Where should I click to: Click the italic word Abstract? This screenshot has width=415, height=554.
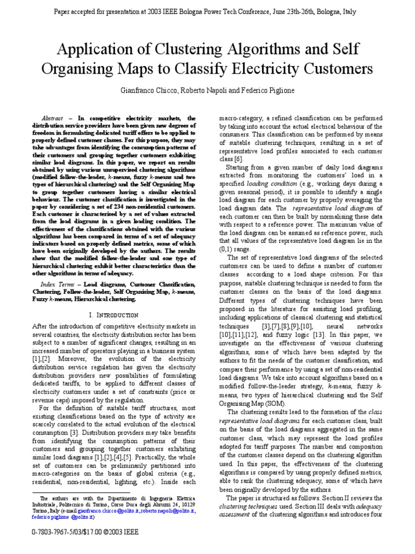click(x=52, y=118)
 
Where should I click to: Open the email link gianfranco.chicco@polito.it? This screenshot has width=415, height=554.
click(x=104, y=510)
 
